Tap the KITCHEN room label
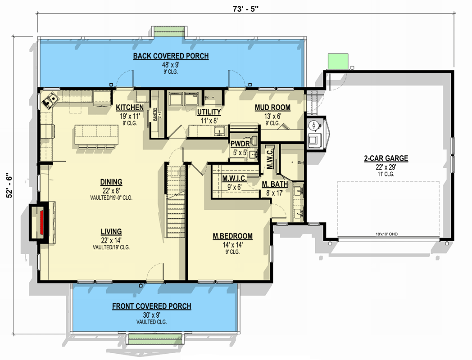[x=130, y=108]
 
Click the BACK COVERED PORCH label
[x=171, y=56]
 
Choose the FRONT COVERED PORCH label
[x=151, y=306]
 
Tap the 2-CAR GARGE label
[x=386, y=158]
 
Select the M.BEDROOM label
[x=232, y=236]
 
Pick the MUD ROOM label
[x=272, y=108]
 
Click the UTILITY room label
[x=209, y=112]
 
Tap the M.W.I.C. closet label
[x=234, y=178]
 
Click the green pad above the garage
[x=338, y=60]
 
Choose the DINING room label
[x=111, y=182]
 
